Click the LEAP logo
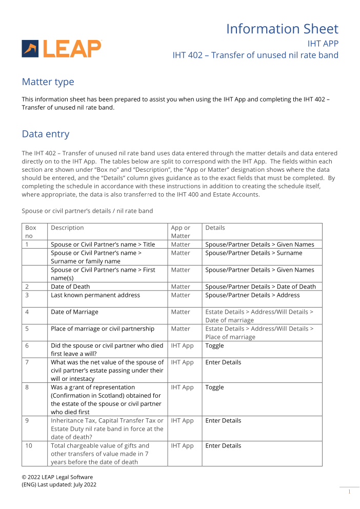coord(62,48)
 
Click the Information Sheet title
coord(282,29)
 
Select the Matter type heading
coord(48,82)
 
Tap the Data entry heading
coord(45,134)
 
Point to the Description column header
coord(67,228)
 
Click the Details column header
coord(215,228)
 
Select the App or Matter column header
coord(181,232)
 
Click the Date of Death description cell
coord(69,287)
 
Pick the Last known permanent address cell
coord(95,295)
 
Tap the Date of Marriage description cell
coord(74,312)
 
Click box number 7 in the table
coord(27,362)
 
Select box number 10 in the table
coord(29,446)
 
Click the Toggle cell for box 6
coord(214,346)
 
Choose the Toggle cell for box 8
coord(214,388)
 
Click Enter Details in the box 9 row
coord(223,421)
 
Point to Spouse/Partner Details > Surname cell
coord(254,253)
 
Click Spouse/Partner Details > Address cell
coord(252,295)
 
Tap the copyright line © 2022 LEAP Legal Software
coord(57,477)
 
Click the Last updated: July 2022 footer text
coord(67,485)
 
